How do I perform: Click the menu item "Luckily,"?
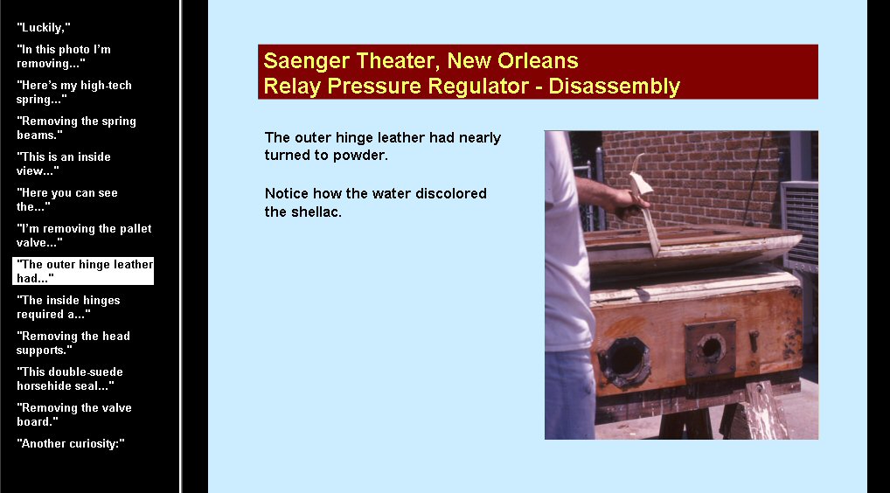pyautogui.click(x=44, y=27)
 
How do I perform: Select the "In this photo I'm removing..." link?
pyautogui.click(x=64, y=56)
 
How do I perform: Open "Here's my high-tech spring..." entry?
pyautogui.click(x=73, y=92)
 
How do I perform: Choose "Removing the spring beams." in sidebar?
pyautogui.click(x=76, y=128)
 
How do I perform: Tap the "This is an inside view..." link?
pyautogui.click(x=64, y=163)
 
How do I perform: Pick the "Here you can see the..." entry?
pyautogui.click(x=67, y=199)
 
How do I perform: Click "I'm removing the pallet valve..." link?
pyautogui.click(x=84, y=235)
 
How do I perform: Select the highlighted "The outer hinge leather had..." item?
pyautogui.click(x=83, y=271)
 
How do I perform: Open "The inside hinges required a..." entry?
pyautogui.click(x=68, y=306)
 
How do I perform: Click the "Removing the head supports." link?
pyautogui.click(x=73, y=343)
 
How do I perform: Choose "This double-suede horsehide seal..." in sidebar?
pyautogui.click(x=70, y=378)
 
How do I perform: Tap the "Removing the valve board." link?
pyautogui.click(x=73, y=414)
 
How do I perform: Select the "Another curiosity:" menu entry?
pyautogui.click(x=71, y=443)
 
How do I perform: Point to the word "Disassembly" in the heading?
pyautogui.click(x=614, y=87)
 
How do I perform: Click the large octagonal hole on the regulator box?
pyautogui.click(x=624, y=361)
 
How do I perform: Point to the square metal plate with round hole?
pyautogui.click(x=710, y=347)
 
